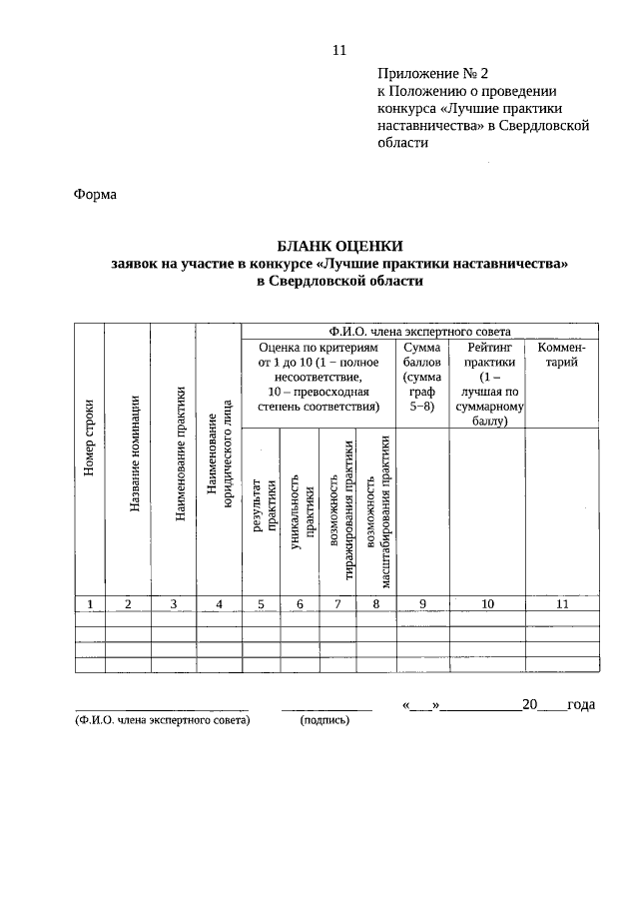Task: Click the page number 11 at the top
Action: [338, 51]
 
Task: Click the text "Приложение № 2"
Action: [433, 74]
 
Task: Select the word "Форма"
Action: [96, 195]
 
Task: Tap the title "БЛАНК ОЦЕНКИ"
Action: [339, 246]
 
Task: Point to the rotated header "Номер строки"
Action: [90, 438]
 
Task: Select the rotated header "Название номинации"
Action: [134, 454]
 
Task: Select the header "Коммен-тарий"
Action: [562, 354]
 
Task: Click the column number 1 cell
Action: [90, 602]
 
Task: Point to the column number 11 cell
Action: [562, 602]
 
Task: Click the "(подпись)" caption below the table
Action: [325, 719]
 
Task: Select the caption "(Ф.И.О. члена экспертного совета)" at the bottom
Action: [161, 719]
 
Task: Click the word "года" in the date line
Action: [580, 705]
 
